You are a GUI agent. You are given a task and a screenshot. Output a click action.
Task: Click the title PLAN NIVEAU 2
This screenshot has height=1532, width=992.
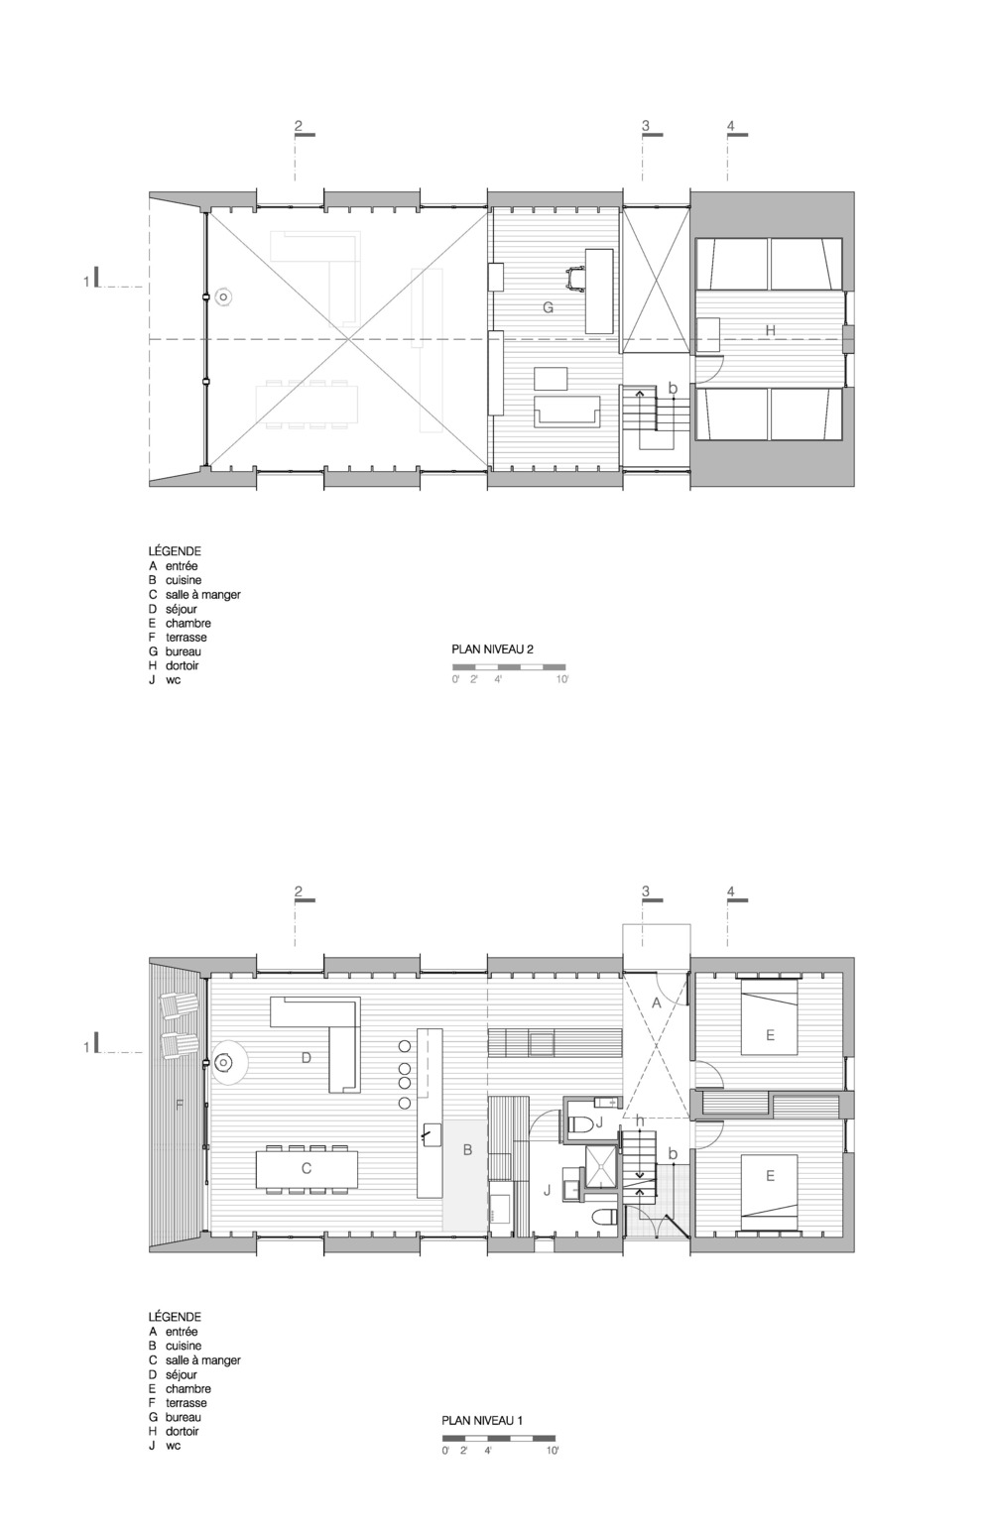click(492, 649)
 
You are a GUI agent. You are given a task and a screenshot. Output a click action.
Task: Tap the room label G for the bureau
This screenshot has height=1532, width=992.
click(548, 307)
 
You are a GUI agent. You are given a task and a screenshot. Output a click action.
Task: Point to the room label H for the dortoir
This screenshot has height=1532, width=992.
click(771, 330)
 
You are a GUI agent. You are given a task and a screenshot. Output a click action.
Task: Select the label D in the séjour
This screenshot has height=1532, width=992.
click(307, 1058)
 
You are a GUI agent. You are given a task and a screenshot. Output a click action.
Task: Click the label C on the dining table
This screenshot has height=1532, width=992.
click(307, 1169)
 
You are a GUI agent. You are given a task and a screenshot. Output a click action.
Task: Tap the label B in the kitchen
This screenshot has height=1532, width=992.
click(468, 1150)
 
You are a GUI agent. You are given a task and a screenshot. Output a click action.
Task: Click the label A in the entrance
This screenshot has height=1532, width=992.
click(657, 1003)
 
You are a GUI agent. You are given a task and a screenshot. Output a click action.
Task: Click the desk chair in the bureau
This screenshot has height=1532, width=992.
click(574, 277)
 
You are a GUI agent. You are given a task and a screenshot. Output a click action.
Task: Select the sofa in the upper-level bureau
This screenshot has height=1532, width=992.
click(567, 411)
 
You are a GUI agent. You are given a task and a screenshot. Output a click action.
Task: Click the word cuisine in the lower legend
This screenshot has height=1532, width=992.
click(184, 1346)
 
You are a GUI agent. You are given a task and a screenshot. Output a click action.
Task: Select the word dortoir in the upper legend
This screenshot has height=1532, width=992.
click(182, 665)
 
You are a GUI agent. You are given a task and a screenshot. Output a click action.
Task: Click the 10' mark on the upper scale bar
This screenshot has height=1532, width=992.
click(562, 679)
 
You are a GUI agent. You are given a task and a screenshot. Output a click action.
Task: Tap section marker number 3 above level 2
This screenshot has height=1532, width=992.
click(645, 126)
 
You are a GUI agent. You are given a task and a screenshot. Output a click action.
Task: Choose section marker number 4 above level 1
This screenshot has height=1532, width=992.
click(731, 891)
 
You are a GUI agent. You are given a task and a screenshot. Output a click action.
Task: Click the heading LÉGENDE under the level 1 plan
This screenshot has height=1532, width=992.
click(175, 1317)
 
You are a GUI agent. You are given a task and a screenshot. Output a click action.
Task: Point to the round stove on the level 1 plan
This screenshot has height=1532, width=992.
click(223, 1062)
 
